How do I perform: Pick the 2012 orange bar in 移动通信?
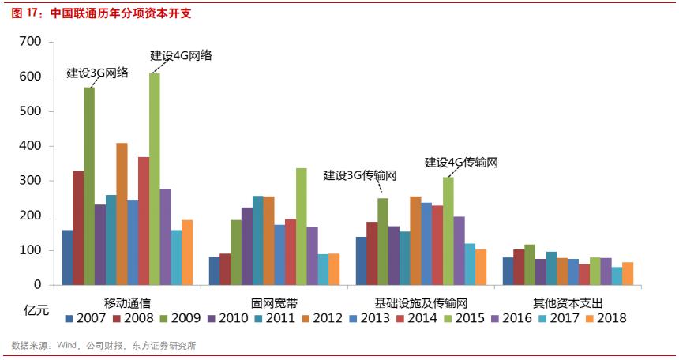pos(122,214)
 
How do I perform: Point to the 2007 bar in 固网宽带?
pos(214,271)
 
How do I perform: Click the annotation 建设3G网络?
pos(97,73)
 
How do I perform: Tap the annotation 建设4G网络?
pos(181,56)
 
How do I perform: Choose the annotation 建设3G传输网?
pos(359,175)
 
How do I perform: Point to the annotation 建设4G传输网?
pos(461,163)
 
